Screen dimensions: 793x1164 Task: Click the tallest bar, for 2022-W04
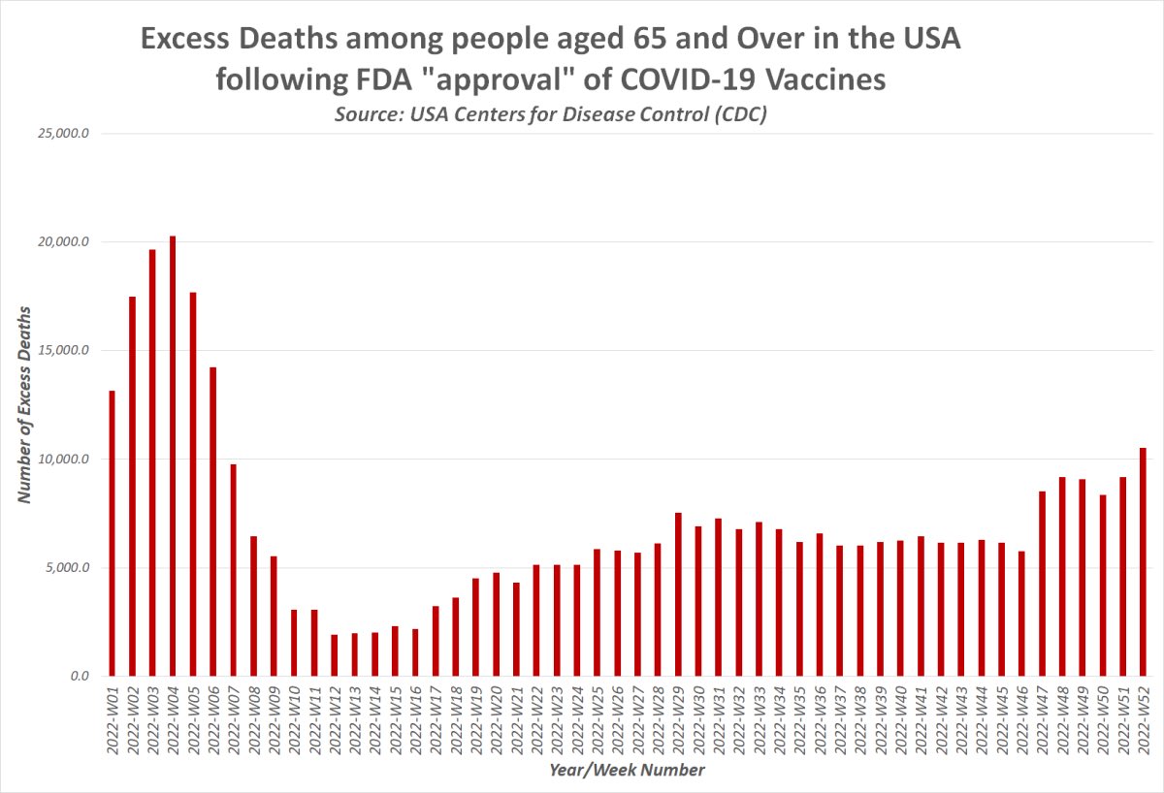[173, 456]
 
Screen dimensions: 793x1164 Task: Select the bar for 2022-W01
[112, 533]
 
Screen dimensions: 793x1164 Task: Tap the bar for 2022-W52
[1143, 562]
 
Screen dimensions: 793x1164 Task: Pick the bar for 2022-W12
[335, 655]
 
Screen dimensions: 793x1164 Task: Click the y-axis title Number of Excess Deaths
[26, 404]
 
